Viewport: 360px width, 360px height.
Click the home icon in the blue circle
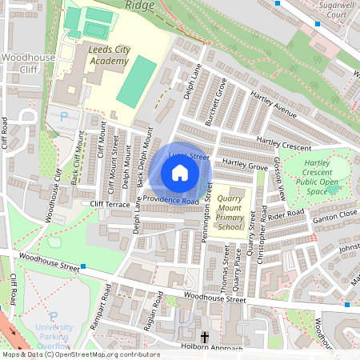[x=180, y=173]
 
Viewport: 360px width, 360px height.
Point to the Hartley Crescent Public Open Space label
[x=327, y=177]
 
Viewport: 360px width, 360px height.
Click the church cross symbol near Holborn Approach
[x=205, y=338]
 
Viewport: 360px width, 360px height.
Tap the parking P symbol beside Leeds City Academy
[x=64, y=117]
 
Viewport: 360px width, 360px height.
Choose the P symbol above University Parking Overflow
[x=54, y=317]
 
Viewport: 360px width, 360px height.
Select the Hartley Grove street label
[x=245, y=165]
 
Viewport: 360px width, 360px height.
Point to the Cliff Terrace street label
[x=110, y=205]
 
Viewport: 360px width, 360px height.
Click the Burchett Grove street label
[x=214, y=97]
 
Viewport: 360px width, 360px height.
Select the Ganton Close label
[x=336, y=214]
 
